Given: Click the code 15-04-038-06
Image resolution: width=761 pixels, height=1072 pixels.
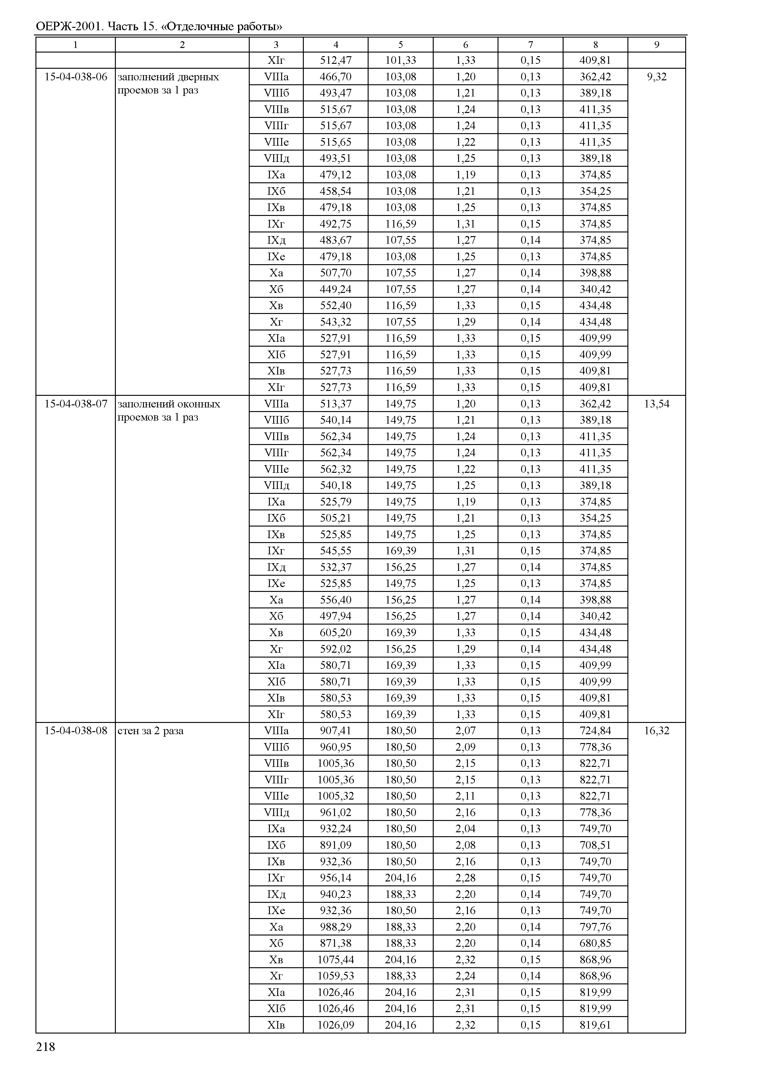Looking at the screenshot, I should (75, 77).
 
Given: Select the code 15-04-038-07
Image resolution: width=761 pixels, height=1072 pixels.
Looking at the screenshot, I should (75, 404).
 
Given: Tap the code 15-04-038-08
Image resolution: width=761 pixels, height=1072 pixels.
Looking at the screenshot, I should (75, 731).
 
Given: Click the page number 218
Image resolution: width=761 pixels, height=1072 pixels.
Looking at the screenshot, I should (46, 1047).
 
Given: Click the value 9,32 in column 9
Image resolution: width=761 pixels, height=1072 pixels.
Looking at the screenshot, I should (656, 77).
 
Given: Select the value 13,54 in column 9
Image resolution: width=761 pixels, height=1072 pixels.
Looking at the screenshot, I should (656, 404).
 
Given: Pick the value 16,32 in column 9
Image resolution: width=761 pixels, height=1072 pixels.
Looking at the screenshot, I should (656, 731).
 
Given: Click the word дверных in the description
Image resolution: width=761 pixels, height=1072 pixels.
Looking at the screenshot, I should (199, 77).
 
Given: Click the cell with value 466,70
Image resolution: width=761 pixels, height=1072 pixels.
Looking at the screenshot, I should (336, 77).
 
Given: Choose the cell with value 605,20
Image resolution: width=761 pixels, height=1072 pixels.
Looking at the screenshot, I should (336, 632).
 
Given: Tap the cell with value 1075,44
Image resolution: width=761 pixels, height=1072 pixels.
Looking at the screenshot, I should (336, 959).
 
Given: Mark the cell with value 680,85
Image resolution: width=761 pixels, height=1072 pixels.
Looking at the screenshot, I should (595, 943).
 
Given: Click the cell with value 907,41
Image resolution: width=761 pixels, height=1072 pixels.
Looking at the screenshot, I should (336, 731).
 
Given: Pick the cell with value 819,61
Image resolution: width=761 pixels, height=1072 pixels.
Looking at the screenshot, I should (595, 1025).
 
